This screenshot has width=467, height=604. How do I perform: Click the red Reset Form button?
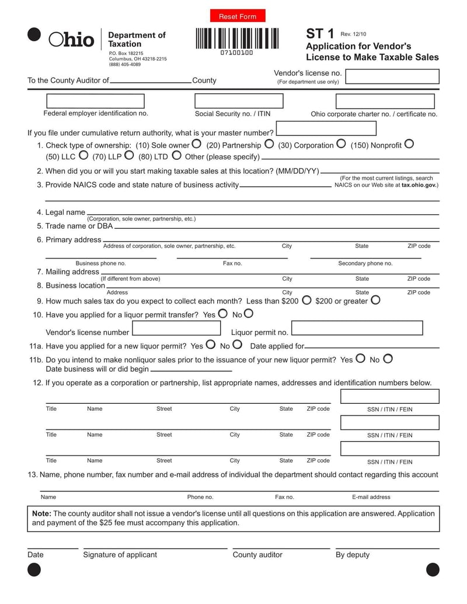pyautogui.click(x=238, y=16)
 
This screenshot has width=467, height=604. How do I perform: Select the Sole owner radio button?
pyautogui.click(x=197, y=144)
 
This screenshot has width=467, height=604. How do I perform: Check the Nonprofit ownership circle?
pyautogui.click(x=409, y=144)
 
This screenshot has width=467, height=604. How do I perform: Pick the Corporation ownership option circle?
pyautogui.click(x=341, y=144)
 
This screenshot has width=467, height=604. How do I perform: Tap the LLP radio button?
pyautogui.click(x=129, y=155)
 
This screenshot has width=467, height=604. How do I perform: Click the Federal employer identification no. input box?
pyautogui.click(x=95, y=101)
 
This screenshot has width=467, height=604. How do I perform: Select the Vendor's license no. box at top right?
pyautogui.click(x=392, y=76)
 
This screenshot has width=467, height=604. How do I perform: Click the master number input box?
pyautogui.click(x=326, y=128)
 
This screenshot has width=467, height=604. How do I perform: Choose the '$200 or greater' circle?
pyautogui.click(x=375, y=300)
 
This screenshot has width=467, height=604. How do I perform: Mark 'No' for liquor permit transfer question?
pyautogui.click(x=249, y=313)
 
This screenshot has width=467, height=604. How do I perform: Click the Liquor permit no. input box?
pyautogui.click(x=357, y=328)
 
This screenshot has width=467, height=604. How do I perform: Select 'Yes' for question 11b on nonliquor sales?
pyautogui.click(x=360, y=358)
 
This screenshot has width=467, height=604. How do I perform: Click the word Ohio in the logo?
pyautogui.click(x=71, y=39)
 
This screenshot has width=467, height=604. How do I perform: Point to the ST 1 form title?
pyautogui.click(x=320, y=34)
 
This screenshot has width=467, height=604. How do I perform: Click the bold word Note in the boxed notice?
pyautogui.click(x=41, y=514)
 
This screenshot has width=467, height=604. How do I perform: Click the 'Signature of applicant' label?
pyautogui.click(x=120, y=554)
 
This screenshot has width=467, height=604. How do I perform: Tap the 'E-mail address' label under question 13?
pyautogui.click(x=371, y=497)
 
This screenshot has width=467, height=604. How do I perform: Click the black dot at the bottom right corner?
pyautogui.click(x=433, y=570)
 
